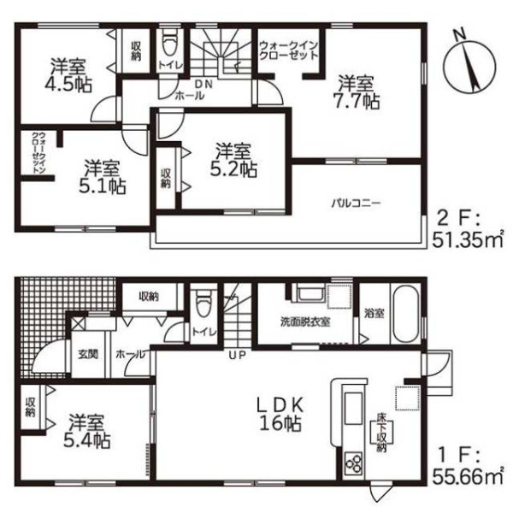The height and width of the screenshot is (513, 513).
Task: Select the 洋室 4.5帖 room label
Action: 68,75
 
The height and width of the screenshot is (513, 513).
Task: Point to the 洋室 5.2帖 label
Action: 233,161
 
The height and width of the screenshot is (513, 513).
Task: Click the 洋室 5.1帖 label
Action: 102,177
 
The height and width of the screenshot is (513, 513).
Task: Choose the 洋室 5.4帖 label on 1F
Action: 86,431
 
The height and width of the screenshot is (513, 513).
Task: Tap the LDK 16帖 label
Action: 280,415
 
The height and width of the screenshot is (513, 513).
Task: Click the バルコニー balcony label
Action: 356,203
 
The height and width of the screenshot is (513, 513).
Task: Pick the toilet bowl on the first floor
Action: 203,303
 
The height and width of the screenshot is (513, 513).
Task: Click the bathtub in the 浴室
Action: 406,313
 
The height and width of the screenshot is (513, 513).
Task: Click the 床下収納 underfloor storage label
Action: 381,433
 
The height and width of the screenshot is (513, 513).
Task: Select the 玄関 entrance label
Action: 88,354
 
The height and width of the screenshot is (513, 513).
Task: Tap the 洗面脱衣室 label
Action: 305,322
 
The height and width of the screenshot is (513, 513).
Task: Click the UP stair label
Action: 237,356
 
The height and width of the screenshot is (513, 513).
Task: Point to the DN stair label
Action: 203,84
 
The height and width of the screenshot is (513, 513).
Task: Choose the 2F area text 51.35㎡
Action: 468,240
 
